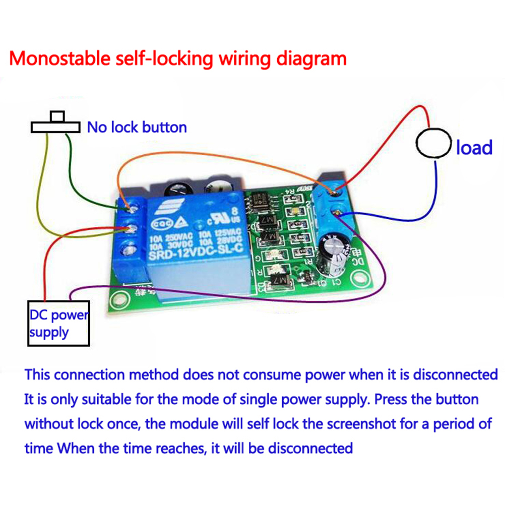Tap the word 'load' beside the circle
point(474,148)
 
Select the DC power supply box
point(59,323)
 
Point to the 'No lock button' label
point(137,127)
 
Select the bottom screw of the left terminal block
point(131,249)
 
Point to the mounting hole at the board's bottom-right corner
point(359,277)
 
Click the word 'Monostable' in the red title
point(58,58)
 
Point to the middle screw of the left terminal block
point(132,228)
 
